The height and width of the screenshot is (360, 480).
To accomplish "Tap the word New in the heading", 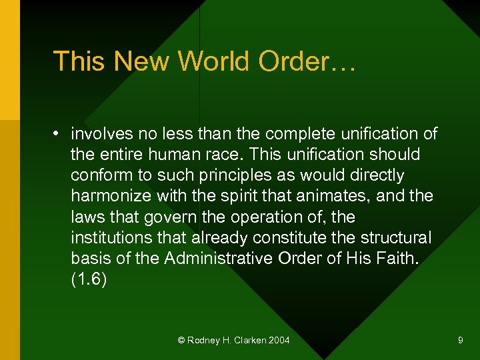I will pyautogui.click(x=138, y=62).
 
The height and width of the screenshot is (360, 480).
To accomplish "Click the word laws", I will pyautogui.click(x=87, y=217).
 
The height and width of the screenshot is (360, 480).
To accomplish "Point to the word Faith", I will pyautogui.click(x=396, y=259).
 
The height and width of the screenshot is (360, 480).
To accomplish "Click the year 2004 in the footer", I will pyautogui.click(x=278, y=341).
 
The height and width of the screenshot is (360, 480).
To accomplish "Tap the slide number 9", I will pyautogui.click(x=460, y=341).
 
